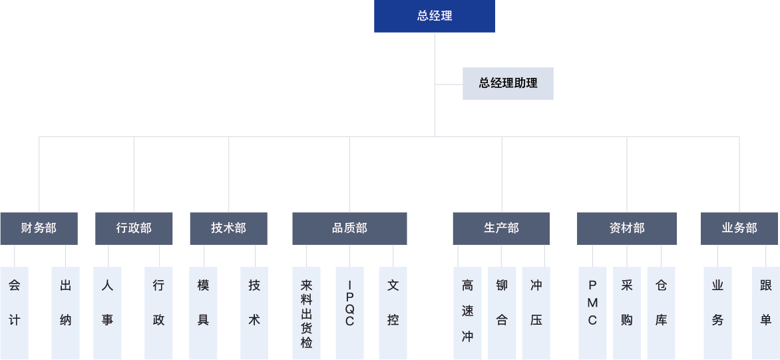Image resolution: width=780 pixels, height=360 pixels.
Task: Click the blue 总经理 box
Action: (434, 16)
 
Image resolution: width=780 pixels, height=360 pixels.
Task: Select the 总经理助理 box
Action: (508, 83)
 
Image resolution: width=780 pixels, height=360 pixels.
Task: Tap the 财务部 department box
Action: (39, 228)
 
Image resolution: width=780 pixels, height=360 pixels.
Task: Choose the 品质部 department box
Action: (349, 228)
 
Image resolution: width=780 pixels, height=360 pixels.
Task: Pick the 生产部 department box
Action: (501, 228)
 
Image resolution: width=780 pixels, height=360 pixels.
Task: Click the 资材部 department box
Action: (626, 228)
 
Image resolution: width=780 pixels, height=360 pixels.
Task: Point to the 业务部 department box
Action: (739, 228)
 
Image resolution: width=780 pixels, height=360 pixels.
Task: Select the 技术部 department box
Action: (228, 228)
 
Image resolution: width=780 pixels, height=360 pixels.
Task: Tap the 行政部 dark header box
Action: (134, 228)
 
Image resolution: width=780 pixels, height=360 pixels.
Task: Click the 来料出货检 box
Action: (306, 313)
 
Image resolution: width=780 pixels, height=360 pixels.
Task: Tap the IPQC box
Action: (349, 313)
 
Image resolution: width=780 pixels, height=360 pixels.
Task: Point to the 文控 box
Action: (393, 313)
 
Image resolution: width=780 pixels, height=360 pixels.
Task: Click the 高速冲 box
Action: (467, 313)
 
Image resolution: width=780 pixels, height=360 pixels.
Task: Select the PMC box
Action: (592, 313)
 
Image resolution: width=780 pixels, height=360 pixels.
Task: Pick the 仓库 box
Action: (661, 313)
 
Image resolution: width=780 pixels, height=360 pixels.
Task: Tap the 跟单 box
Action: (765, 313)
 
